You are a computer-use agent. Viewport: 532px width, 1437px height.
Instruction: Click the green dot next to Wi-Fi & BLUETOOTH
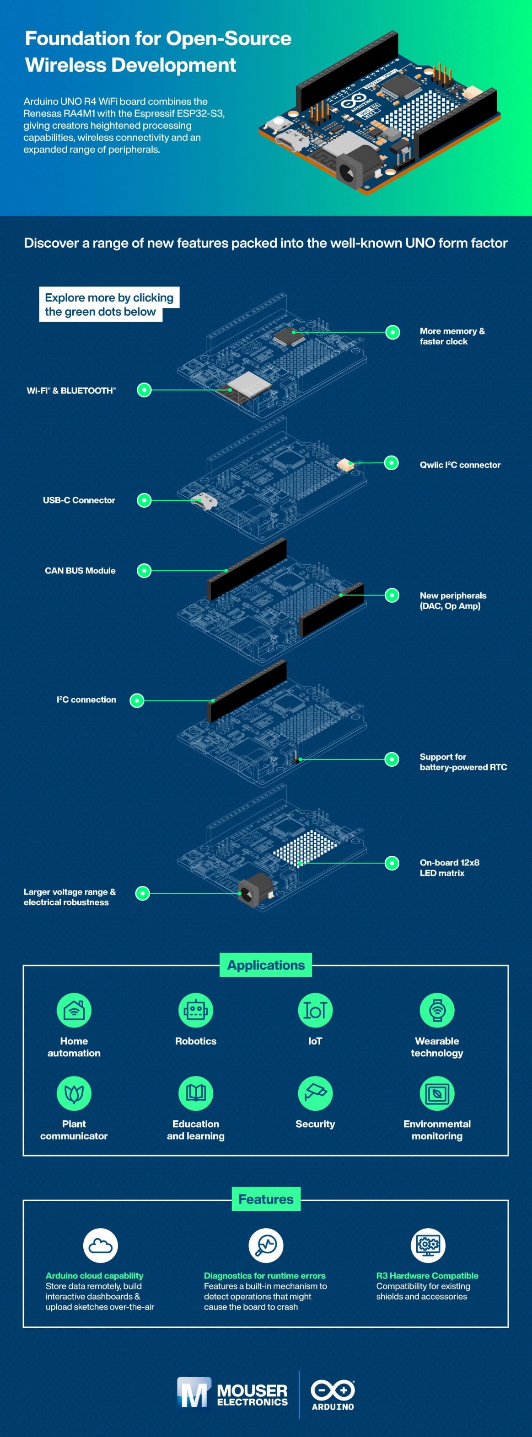click(144, 390)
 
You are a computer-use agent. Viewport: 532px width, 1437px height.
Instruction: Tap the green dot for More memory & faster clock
click(392, 333)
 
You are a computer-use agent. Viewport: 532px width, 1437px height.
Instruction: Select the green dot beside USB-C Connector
click(144, 500)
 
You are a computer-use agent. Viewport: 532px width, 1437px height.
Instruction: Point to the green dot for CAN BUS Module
click(144, 571)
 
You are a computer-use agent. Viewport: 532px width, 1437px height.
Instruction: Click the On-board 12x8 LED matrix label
click(449, 867)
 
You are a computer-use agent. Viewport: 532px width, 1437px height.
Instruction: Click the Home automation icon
click(74, 1010)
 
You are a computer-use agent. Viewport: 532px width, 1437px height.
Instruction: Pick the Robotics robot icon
click(195, 1010)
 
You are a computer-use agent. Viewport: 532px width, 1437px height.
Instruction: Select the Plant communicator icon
click(74, 1093)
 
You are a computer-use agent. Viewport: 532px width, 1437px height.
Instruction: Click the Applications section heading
click(266, 965)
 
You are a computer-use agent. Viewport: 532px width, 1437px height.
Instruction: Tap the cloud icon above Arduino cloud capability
click(101, 1245)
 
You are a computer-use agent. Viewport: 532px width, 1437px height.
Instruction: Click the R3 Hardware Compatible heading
click(427, 1275)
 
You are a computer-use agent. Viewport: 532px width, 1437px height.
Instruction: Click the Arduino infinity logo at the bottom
click(333, 1390)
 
